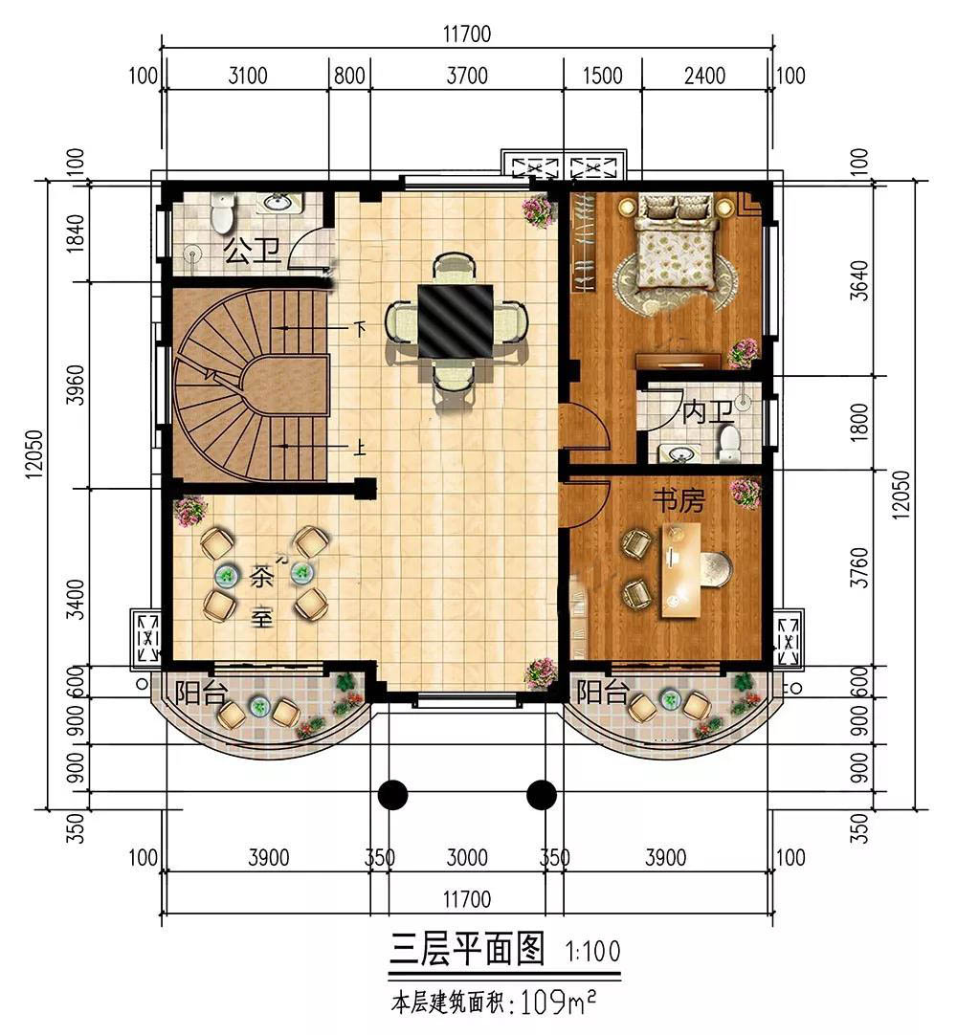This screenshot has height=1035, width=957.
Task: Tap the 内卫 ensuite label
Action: tap(707, 412)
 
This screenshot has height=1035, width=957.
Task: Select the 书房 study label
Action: tap(679, 501)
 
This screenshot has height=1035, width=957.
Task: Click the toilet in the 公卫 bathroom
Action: tap(223, 211)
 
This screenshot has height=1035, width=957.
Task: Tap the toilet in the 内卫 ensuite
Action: tap(730, 443)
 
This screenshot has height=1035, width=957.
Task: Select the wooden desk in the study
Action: tap(681, 570)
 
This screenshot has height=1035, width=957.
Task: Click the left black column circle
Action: tap(392, 794)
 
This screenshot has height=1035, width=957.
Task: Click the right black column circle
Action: tap(542, 794)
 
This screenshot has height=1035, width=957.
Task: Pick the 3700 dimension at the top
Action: tap(467, 76)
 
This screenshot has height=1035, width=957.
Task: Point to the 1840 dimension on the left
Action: tap(76, 232)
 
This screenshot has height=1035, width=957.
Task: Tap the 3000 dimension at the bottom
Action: tap(467, 857)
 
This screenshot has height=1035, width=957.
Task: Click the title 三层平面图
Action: tap(467, 949)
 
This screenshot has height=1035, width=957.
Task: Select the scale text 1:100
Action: tap(592, 951)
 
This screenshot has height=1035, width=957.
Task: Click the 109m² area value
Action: tap(558, 1002)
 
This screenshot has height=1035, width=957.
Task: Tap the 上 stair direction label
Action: tap(359, 449)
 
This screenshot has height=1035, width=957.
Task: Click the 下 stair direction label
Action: tap(360, 328)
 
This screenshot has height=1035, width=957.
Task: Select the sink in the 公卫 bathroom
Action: tap(280, 203)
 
